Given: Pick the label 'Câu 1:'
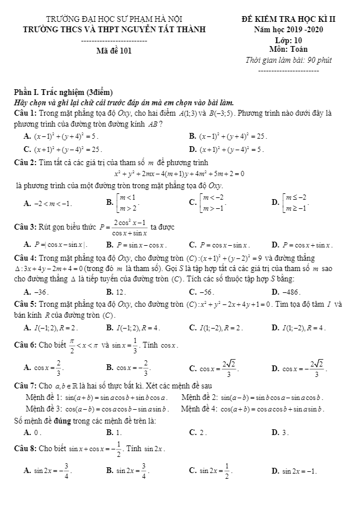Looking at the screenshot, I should (x=26, y=113).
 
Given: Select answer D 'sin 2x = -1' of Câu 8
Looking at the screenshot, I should (x=298, y=471).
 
